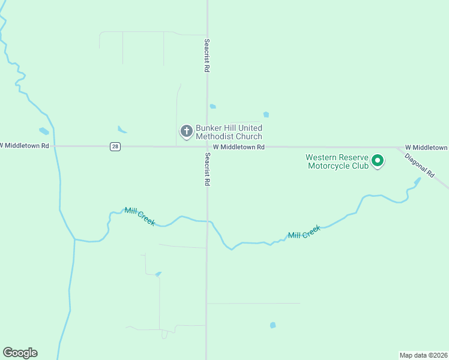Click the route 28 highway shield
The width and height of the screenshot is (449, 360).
[115, 146]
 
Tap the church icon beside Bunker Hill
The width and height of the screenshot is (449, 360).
[187, 130]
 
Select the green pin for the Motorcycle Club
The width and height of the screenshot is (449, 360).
[378, 161]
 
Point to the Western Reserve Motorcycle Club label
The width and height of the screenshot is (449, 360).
[337, 161]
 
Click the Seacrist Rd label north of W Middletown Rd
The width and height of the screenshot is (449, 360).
[206, 56]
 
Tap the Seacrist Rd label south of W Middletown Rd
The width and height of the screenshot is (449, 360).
[206, 169]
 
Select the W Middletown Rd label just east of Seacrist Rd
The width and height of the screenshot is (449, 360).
[238, 147]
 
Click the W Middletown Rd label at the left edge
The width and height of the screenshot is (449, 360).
[25, 145]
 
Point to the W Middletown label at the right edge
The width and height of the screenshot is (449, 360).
[426, 147]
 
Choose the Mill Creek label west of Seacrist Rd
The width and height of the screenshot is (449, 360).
[139, 217]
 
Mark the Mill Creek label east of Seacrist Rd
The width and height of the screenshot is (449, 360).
[304, 232]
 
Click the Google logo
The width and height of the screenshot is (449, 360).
[20, 353]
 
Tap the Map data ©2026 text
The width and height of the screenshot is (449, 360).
[423, 355]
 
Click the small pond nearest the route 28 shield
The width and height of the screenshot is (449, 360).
[122, 129]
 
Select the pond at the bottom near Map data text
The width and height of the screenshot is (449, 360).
[273, 325]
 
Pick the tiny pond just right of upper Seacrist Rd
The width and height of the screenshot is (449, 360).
[212, 107]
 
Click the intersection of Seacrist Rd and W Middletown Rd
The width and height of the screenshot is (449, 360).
[207, 146]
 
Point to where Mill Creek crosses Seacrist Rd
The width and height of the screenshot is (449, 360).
[208, 221]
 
